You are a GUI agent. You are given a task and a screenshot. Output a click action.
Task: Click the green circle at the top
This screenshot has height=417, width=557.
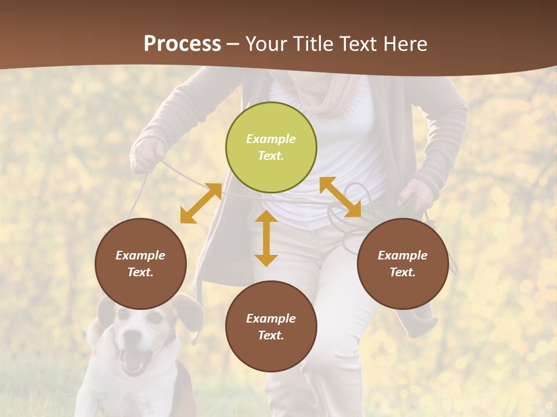click(271, 148)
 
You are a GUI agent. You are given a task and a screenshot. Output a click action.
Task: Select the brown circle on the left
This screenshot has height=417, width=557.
click(140, 264)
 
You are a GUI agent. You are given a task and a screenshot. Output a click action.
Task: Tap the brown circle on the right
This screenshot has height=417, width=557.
click(403, 264)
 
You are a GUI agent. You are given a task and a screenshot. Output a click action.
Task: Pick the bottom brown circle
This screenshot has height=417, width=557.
click(271, 327)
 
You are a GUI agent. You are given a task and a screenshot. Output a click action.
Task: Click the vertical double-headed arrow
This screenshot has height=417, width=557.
click(266, 238)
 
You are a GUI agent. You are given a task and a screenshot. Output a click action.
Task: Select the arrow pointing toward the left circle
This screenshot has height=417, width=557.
click(201, 203)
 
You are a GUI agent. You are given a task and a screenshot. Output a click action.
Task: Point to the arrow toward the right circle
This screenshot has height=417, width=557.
click(341, 197)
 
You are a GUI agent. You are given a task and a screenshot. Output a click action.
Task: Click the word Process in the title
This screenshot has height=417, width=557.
click(182, 43)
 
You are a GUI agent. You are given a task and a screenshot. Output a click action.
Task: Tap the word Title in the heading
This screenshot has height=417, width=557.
click(312, 43)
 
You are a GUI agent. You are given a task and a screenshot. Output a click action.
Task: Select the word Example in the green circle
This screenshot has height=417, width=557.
click(271, 139)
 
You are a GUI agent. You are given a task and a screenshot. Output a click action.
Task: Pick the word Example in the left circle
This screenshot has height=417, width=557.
click(140, 255)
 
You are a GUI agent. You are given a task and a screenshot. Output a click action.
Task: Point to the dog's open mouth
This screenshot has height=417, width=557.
click(134, 359)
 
